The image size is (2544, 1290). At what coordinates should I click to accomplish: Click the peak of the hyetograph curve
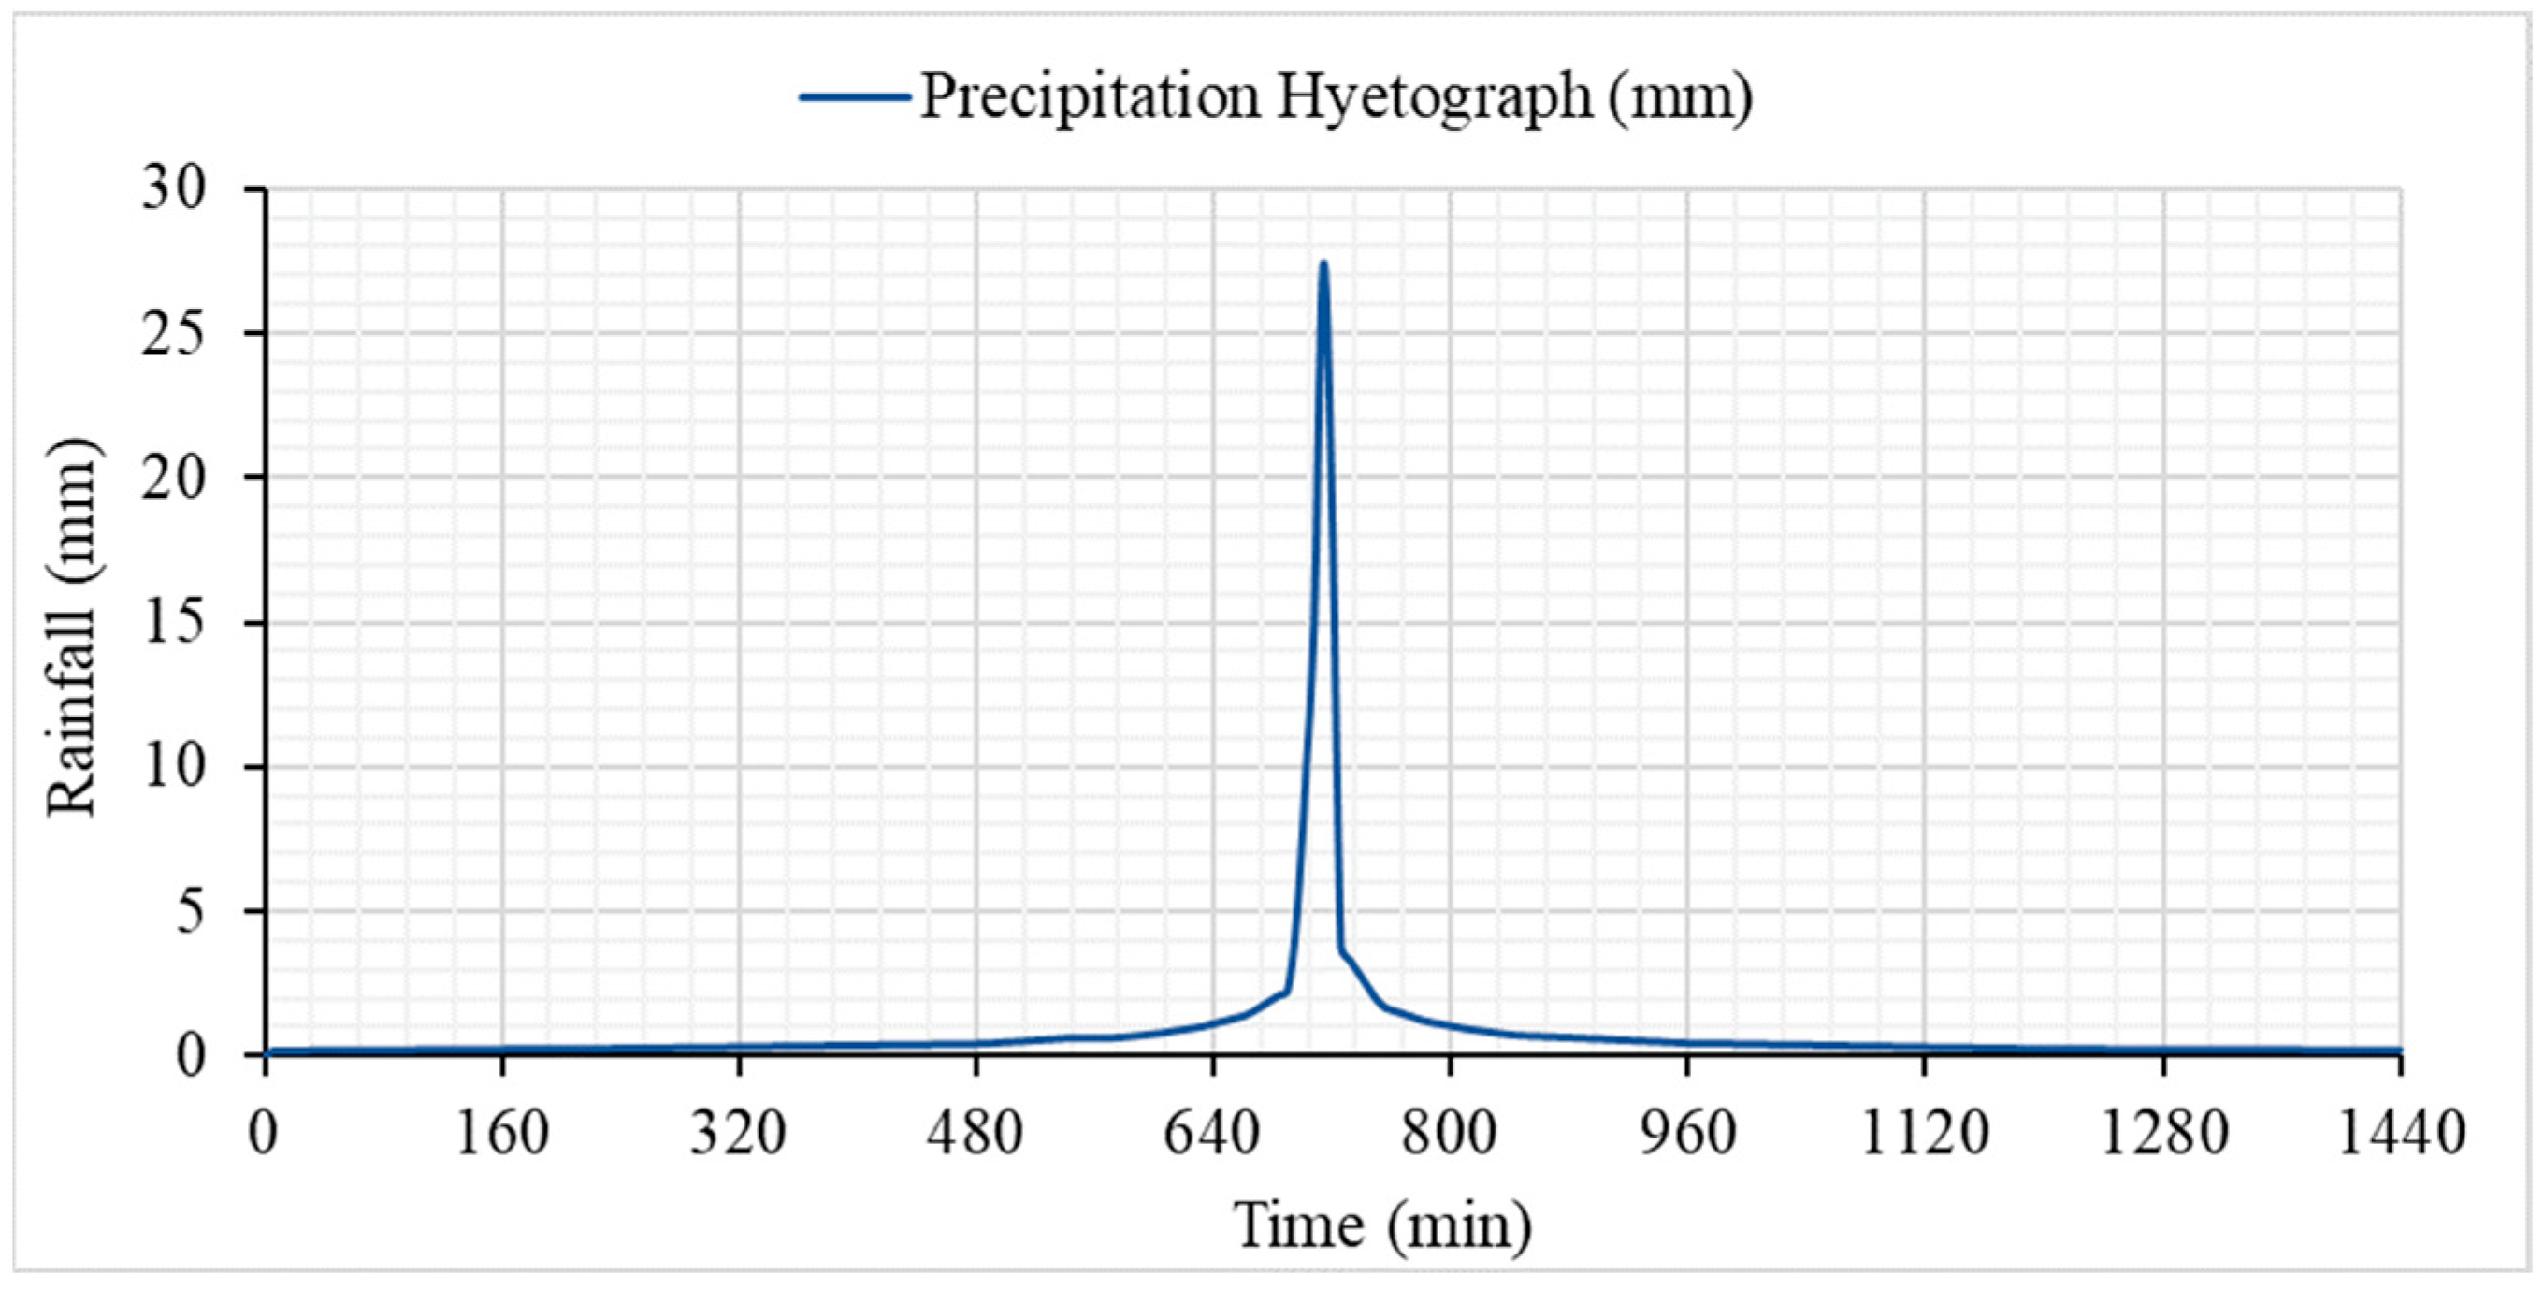(1323, 264)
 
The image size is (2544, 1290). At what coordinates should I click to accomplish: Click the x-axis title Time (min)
(1382, 1225)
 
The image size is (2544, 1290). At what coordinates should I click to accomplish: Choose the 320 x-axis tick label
(738, 1134)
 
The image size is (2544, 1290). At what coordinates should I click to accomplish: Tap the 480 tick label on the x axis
(975, 1134)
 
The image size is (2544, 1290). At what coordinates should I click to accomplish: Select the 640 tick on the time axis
(1212, 1134)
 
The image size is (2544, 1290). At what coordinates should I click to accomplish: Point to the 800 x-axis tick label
(1449, 1134)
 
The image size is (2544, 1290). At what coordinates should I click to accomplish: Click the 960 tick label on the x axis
(1686, 1134)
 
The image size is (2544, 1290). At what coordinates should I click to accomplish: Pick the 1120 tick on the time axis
(1924, 1134)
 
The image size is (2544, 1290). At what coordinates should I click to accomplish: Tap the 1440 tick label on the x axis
(2400, 1134)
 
